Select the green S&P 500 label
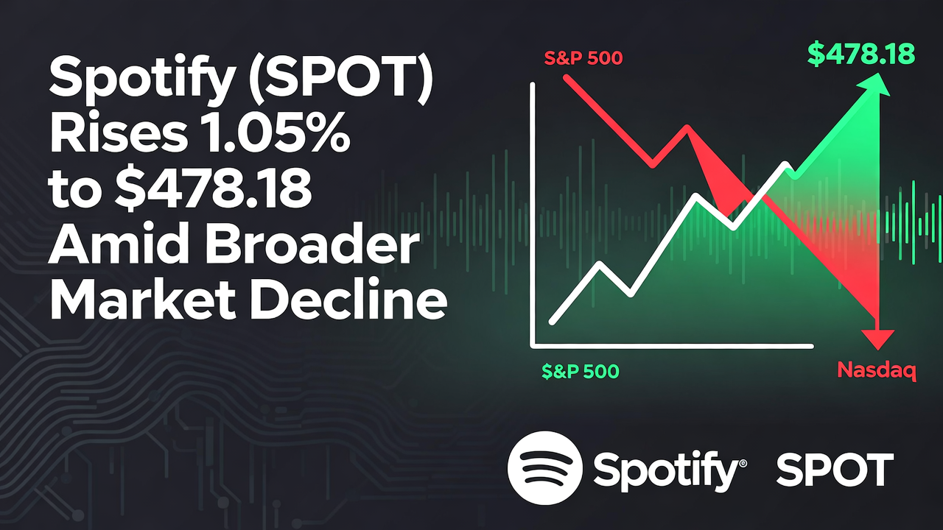581,372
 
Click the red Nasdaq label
877,372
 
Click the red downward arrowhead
877,339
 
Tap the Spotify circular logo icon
545,468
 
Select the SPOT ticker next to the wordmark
835,470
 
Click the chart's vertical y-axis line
532,213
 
